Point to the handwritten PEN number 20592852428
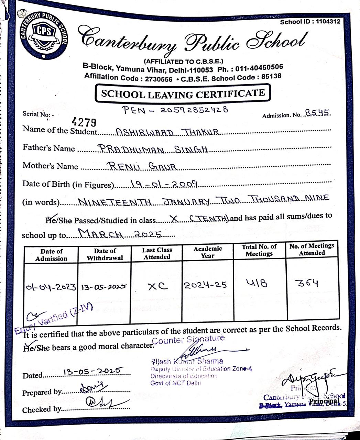[x=176, y=110]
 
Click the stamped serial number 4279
[x=84, y=122]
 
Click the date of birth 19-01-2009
[x=164, y=185]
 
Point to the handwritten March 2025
[x=120, y=234]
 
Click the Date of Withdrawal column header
[x=105, y=255]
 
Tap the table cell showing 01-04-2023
[x=51, y=287]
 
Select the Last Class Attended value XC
[x=157, y=286]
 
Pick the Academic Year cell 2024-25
[x=205, y=285]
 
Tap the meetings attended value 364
[x=308, y=283]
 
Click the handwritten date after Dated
[x=93, y=371]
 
